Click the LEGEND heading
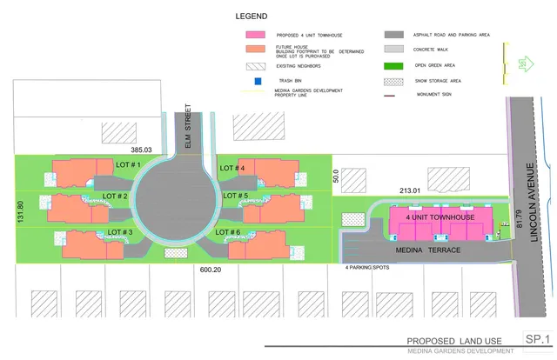pos(252,17)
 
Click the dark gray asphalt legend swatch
pos(397,36)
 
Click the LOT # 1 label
pos(128,164)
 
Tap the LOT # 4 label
pos(232,168)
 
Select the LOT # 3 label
pos(119,232)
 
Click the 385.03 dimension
pos(140,150)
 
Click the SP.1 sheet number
pos(538,337)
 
